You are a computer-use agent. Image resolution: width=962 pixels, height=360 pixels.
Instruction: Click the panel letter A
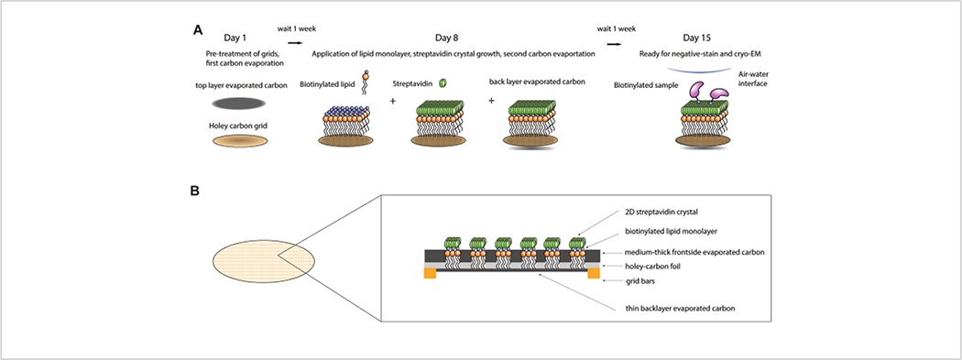pyautogui.click(x=198, y=29)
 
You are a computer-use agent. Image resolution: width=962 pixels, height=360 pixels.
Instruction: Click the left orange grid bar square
pyautogui.click(x=430, y=272)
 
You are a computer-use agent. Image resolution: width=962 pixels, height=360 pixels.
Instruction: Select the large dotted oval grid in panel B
pyautogui.click(x=263, y=262)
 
